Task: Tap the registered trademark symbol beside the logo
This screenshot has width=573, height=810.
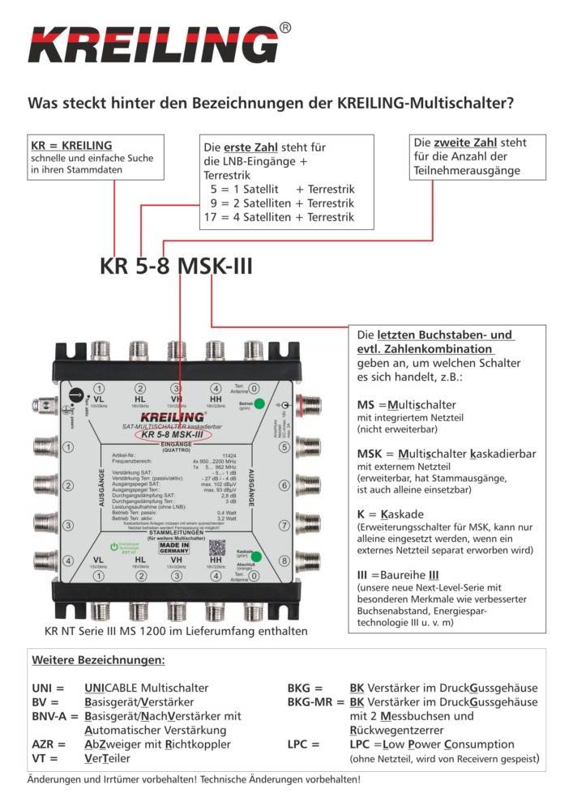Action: click(x=284, y=28)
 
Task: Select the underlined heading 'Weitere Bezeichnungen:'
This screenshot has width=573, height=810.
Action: click(x=97, y=659)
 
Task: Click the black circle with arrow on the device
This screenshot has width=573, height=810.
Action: click(x=77, y=396)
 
